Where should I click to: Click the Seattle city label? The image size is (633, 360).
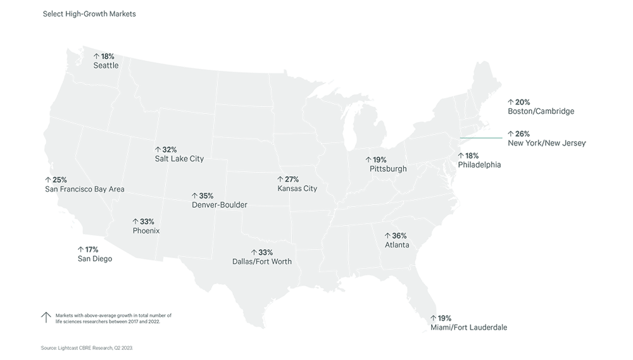coord(106,65)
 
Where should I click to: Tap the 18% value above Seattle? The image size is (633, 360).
coord(107,57)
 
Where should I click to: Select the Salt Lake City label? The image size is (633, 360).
coord(179,159)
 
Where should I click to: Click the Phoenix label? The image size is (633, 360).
coord(145,231)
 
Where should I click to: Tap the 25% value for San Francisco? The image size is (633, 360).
coord(59,180)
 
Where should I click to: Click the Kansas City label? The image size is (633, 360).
coord(297,189)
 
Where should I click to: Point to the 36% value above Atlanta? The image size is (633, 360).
coord(399,236)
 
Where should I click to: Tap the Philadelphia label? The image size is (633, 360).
coord(480,164)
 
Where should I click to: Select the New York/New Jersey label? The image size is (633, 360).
coord(546,144)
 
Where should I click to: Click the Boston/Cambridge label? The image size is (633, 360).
coord(541,111)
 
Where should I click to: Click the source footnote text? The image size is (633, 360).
coord(87,348)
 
